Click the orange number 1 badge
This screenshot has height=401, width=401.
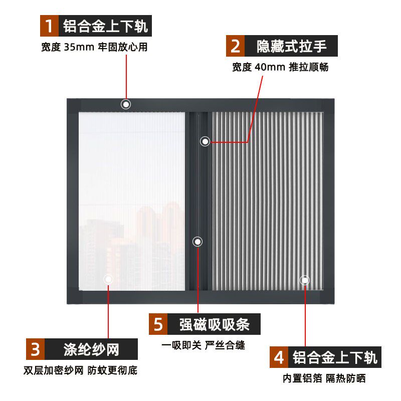coord(49,26)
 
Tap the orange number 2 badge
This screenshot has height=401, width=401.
coord(235,46)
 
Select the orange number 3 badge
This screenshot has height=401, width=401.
coord(35,349)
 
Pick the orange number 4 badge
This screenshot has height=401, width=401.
coord(279,357)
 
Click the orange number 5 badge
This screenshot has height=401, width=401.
coord(158,324)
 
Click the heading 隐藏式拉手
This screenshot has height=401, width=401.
coord(292,46)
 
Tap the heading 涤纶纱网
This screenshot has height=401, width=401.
coord(91,349)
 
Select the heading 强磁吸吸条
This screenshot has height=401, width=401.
coord(215,324)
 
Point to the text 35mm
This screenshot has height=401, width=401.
coord(79,47)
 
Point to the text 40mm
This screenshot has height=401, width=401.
coord(270,67)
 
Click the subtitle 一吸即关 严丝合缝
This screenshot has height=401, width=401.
coord(204,345)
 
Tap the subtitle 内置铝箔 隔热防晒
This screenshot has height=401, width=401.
coord(324,378)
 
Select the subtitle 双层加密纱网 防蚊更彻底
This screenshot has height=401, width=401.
coord(80,370)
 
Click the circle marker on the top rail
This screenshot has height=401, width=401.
coord(126,104)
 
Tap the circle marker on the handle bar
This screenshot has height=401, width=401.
coord(205,141)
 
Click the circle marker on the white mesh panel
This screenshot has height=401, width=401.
coord(108,279)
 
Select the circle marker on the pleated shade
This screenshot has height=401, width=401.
coord(305,280)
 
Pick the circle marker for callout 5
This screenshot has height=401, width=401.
coord(197,242)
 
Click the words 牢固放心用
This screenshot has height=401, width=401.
coord(123,47)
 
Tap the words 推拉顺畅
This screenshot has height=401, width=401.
coord(309,67)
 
